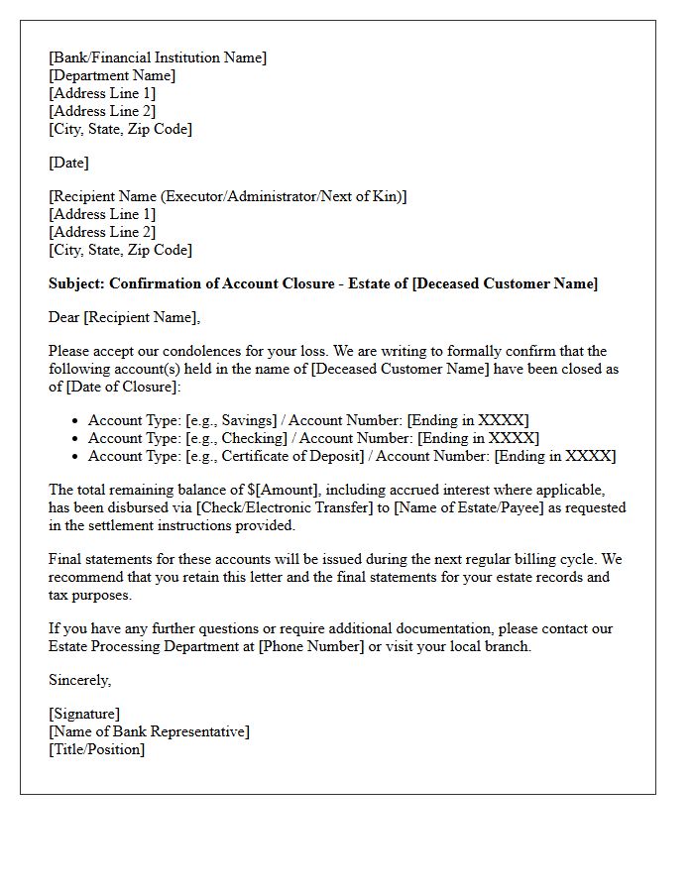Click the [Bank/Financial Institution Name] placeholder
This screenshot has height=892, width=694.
coord(158,57)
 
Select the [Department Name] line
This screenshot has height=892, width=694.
coord(112,75)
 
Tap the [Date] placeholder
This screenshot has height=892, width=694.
coord(68,163)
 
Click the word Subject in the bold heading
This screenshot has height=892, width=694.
coord(75,283)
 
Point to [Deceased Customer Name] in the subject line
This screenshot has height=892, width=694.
coord(505,283)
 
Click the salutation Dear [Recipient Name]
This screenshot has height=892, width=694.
coord(124,317)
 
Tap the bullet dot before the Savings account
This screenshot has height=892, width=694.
coord(74,421)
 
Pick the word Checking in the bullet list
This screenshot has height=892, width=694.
coord(256,438)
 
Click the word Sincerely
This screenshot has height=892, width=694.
coord(79,680)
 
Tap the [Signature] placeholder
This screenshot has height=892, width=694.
coord(84,714)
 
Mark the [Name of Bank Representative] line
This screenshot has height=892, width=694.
coord(149,731)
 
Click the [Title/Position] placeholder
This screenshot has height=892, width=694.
coord(96,749)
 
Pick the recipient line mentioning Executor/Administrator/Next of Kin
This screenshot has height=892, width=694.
coord(228,196)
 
